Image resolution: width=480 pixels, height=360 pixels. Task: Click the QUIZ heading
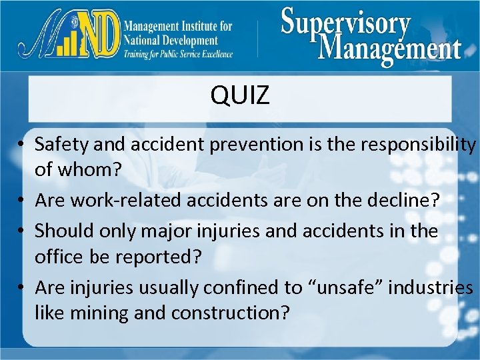pyautogui.click(x=240, y=96)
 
